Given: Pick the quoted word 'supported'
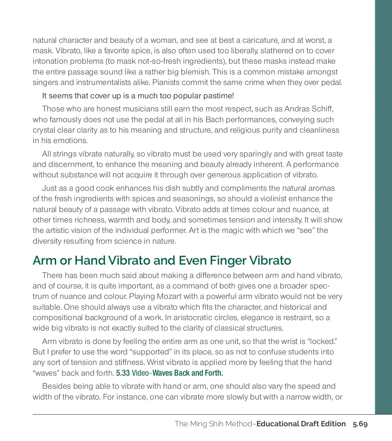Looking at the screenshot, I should pyautogui.click(x=150, y=352).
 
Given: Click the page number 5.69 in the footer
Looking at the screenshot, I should pyautogui.click(x=360, y=424).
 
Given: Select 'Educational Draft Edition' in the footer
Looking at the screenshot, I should pyautogui.click(x=301, y=424).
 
